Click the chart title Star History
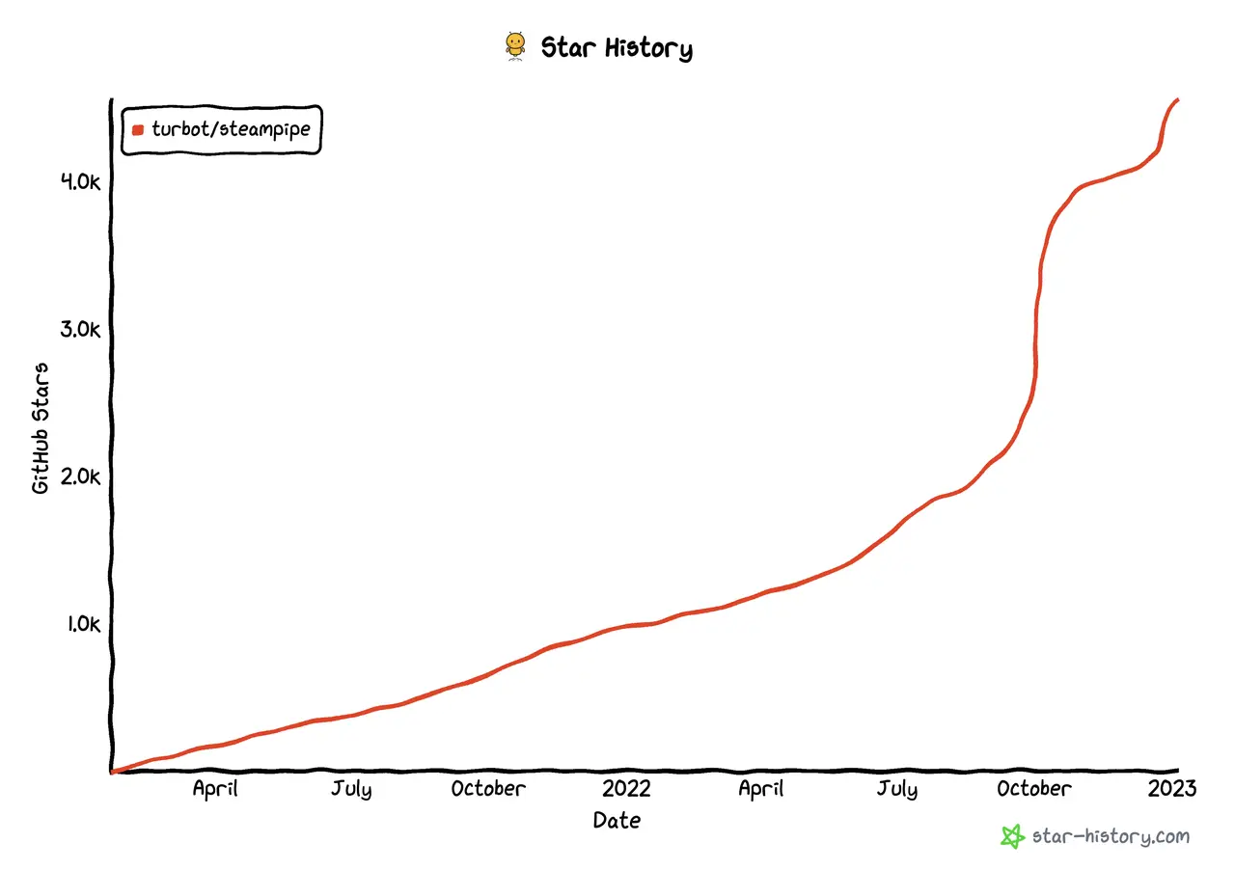tap(616, 47)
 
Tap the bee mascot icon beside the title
tap(515, 46)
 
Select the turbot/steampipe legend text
tap(231, 128)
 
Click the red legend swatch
tap(138, 129)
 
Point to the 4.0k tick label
tap(80, 181)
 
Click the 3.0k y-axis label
tap(80, 329)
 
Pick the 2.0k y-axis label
tap(80, 476)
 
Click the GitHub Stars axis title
tap(41, 427)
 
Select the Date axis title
tap(617, 821)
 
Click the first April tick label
tap(215, 788)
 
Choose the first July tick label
tap(351, 788)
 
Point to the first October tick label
tap(488, 788)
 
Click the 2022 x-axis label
tap(626, 788)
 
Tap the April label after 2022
tap(760, 788)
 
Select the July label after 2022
tap(897, 788)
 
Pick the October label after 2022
tap(1033, 788)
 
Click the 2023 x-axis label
tap(1171, 788)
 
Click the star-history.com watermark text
tap(1111, 836)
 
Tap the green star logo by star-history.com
tap(1012, 836)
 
